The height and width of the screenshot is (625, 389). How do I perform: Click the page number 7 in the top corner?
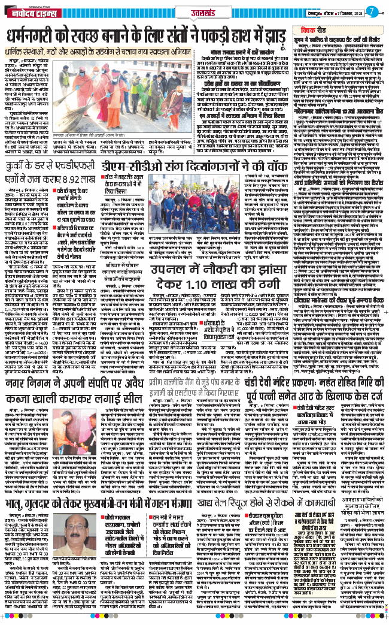[x=371, y=11]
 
